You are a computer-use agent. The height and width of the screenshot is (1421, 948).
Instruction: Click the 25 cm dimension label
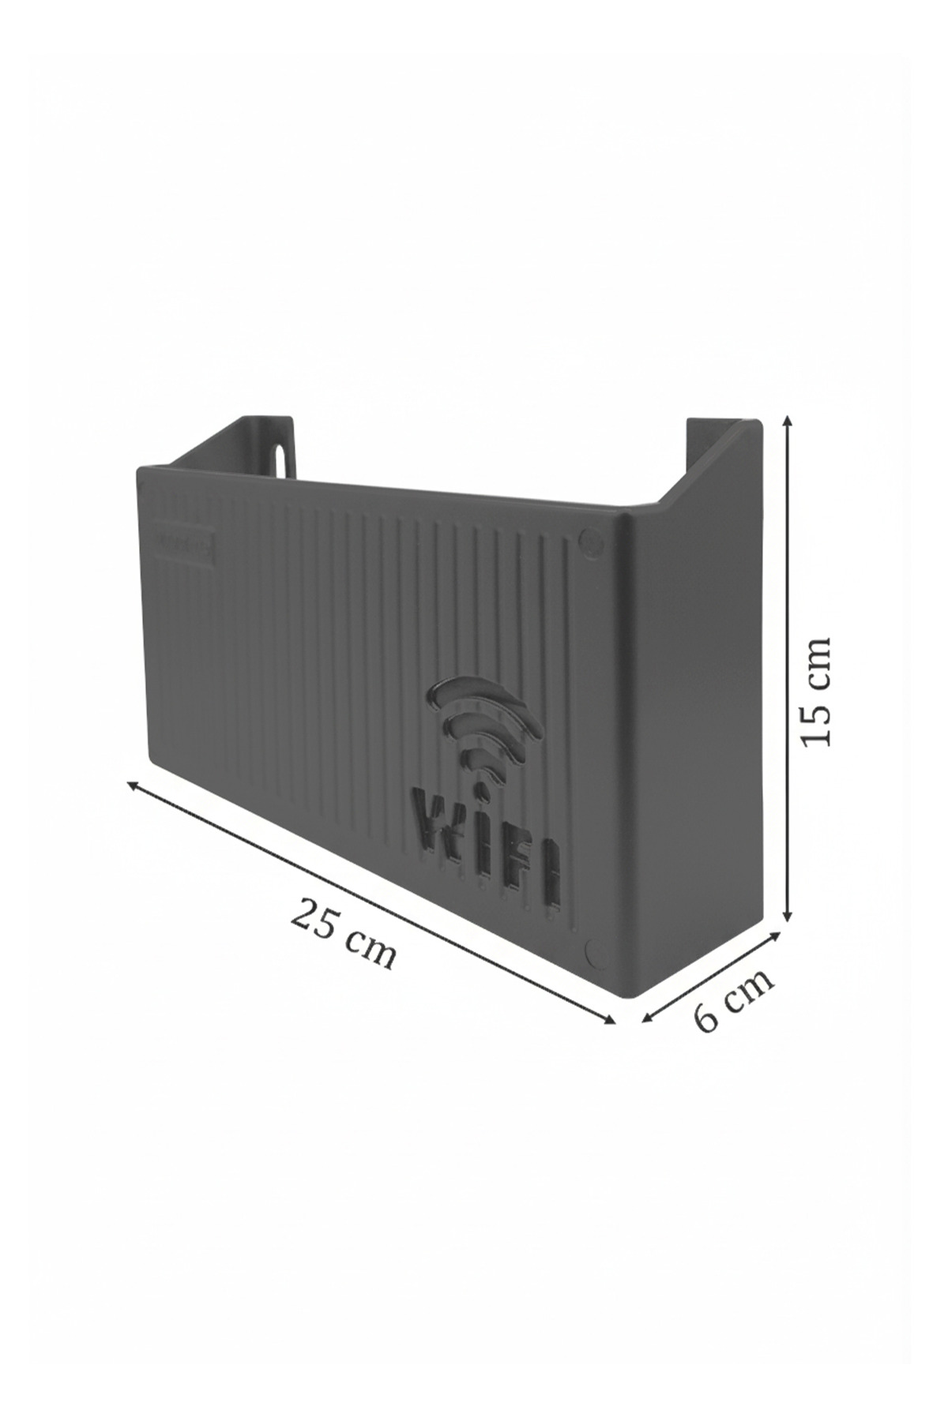point(343,933)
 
